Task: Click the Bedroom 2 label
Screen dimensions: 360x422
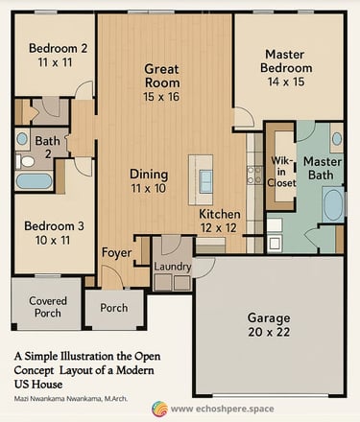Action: [58, 48]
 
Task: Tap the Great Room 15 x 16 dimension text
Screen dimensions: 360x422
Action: [161, 97]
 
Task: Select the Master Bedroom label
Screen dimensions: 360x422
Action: [286, 61]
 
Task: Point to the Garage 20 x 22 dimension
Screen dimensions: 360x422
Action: [269, 332]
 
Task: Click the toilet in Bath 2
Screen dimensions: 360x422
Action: [25, 161]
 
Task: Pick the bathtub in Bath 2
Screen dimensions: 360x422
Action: [34, 181]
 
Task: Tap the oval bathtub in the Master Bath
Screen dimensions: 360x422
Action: [333, 204]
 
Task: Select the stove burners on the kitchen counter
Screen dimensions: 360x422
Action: [254, 176]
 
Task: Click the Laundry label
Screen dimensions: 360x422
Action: [173, 267]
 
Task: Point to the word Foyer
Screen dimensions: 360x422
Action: [116, 253]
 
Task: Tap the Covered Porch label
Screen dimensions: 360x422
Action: [48, 307]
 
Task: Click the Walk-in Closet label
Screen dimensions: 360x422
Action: [281, 172]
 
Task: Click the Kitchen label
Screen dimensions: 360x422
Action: [220, 214]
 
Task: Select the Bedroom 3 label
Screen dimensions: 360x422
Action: [54, 226]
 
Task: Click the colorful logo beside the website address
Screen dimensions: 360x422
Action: [159, 409]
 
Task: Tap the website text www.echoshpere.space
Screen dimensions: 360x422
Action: [223, 409]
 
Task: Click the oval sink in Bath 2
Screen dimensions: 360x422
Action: [22, 139]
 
